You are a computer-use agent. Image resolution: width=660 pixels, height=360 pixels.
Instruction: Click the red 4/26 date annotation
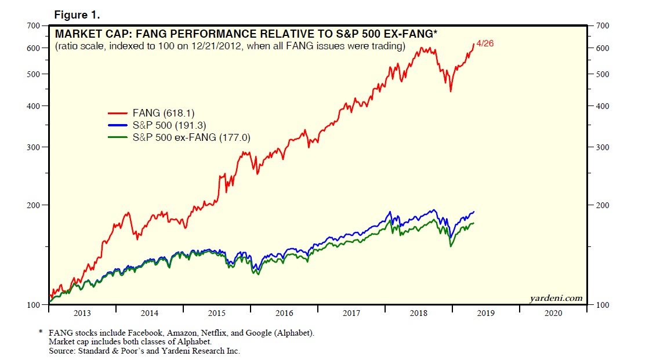tap(485, 44)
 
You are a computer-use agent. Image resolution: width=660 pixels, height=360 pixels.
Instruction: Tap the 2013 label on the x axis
tap(82, 313)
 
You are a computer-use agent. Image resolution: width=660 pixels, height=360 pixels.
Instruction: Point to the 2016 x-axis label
tap(284, 313)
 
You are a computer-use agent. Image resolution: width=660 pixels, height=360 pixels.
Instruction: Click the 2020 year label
tap(553, 313)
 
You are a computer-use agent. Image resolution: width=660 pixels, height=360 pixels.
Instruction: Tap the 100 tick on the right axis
tap(603, 305)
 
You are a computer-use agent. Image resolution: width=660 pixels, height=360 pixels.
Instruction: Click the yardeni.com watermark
tap(556, 298)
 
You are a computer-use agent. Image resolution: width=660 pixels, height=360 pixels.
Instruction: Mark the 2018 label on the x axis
tap(419, 313)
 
